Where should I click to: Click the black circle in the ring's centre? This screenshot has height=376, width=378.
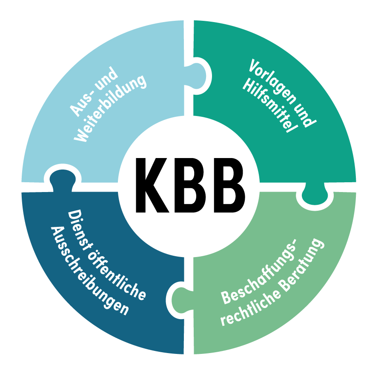click(x=189, y=187)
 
